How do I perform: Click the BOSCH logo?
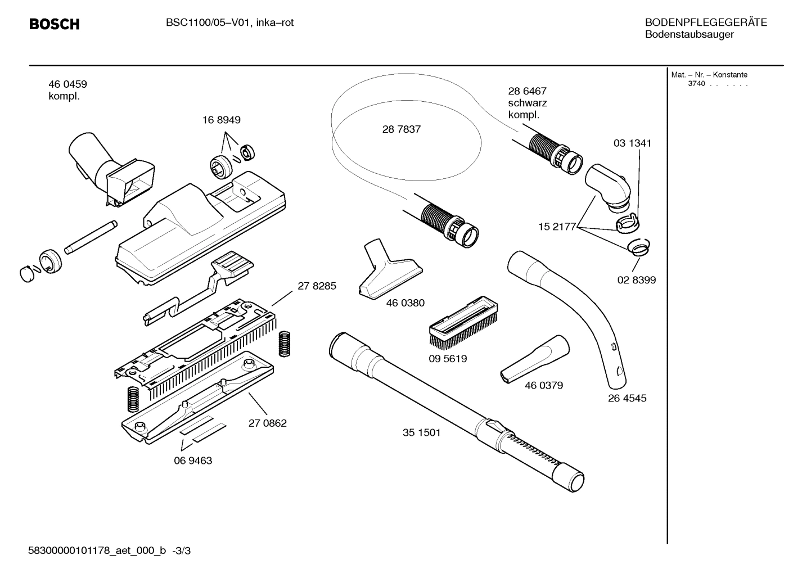click(54, 24)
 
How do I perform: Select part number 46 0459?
click(67, 84)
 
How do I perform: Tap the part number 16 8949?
click(221, 120)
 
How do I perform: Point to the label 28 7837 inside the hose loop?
click(401, 129)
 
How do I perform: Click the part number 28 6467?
click(527, 91)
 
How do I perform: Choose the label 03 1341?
click(632, 143)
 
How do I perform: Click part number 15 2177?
click(557, 227)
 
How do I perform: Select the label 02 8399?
click(636, 280)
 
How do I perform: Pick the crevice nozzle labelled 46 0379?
click(534, 360)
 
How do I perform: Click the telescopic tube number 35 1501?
click(421, 432)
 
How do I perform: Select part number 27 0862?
click(267, 423)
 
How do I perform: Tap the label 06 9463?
click(192, 461)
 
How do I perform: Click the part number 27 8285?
click(317, 286)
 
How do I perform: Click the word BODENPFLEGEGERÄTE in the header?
click(705, 22)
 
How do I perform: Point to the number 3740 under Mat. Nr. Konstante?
click(696, 84)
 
